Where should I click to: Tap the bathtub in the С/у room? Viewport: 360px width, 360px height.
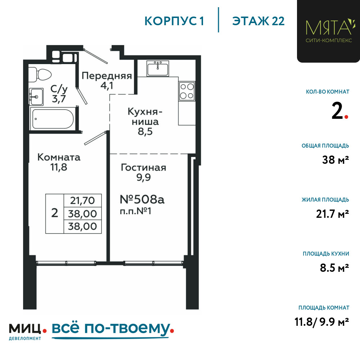[x=53, y=119]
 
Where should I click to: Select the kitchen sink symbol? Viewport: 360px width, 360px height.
[x=158, y=68]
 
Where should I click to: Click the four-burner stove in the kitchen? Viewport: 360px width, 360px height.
[x=187, y=91]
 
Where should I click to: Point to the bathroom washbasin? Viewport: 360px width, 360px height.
[x=36, y=96]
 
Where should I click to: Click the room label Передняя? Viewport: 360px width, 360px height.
[x=107, y=76]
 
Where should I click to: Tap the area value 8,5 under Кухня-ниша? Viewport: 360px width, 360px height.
[x=145, y=131]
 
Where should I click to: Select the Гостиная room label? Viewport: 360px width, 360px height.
[x=144, y=168]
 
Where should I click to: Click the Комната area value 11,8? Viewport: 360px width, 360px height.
[x=59, y=167]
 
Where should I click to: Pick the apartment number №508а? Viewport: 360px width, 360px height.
[x=142, y=199]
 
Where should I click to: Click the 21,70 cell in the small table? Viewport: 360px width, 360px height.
[x=82, y=201]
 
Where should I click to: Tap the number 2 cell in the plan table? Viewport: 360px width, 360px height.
[x=55, y=213]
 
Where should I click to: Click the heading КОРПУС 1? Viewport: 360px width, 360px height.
[x=174, y=21]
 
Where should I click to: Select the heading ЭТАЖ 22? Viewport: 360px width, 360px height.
[x=258, y=21]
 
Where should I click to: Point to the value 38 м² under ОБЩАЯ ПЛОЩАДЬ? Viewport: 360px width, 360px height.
[x=336, y=160]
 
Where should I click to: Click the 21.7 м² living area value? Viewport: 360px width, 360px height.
[x=332, y=214]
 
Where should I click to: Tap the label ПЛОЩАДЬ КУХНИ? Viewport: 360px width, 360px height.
[x=326, y=254]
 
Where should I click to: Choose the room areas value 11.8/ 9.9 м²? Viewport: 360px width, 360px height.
[x=322, y=322]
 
